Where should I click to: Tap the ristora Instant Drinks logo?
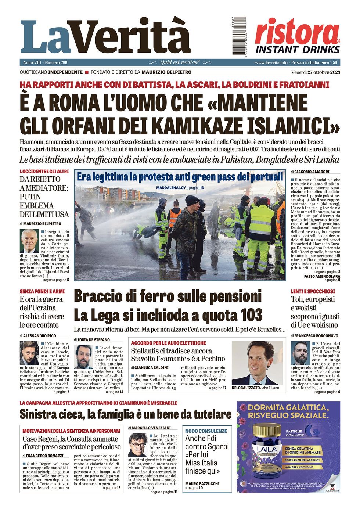point(297,36)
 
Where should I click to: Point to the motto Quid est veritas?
point(180,62)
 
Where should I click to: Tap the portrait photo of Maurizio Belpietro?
point(29,241)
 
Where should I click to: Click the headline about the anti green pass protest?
point(180,177)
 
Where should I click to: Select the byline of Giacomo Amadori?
point(312,172)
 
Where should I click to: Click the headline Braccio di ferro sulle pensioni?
point(168,296)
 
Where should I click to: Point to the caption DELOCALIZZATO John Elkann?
point(255,388)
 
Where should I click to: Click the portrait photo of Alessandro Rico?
point(29,353)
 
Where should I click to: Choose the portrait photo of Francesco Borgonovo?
point(300,353)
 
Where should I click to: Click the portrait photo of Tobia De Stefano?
point(84,357)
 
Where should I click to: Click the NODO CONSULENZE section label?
point(206,431)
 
